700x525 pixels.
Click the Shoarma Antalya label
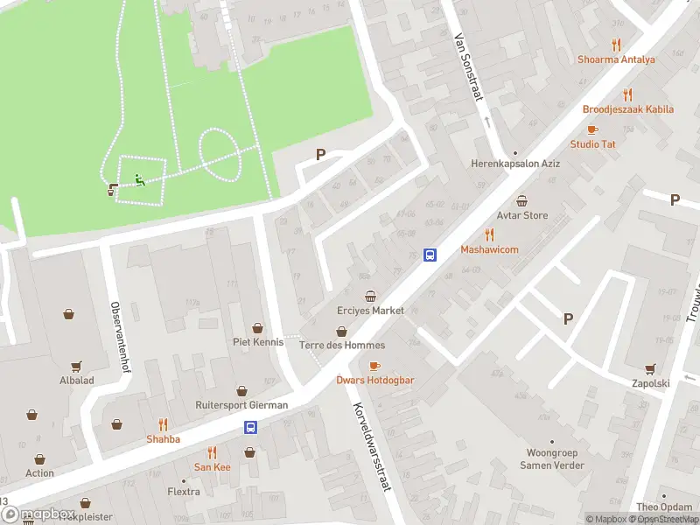[615, 59]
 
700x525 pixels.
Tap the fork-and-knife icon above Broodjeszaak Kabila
[627, 94]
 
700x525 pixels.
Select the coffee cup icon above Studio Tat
[592, 129]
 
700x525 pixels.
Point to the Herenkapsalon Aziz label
[514, 164]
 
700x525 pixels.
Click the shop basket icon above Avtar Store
[523, 200]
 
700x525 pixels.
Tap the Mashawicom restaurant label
[489, 249]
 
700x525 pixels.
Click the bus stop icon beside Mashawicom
[430, 255]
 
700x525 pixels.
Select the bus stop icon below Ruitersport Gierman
[251, 427]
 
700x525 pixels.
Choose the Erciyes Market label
[371, 311]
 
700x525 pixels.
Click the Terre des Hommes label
[341, 345]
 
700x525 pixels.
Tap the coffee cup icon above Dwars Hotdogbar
[374, 366]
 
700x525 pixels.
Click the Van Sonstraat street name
[468, 67]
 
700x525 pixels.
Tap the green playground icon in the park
[138, 181]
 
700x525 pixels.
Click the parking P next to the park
[320, 155]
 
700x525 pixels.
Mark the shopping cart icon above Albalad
[76, 367]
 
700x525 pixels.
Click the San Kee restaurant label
[212, 467]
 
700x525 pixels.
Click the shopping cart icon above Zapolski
[649, 368]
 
